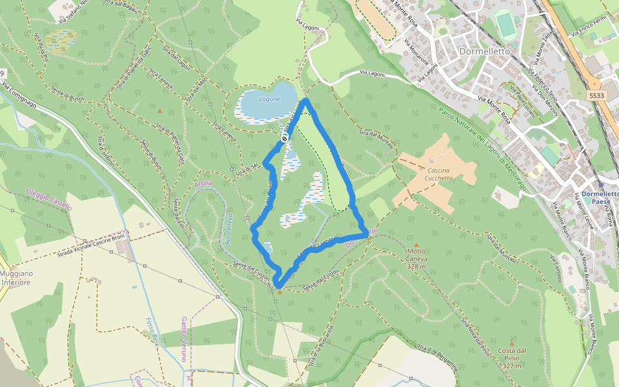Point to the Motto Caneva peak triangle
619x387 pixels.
pyautogui.click(x=416, y=244)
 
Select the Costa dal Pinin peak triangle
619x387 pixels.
pyautogui.click(x=513, y=343)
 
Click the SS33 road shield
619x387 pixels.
pyautogui.click(x=596, y=95)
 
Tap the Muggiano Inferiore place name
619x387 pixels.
pyautogui.click(x=16, y=278)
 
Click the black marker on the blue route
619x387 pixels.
pyautogui.click(x=284, y=139)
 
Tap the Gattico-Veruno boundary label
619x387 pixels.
pyautogui.click(x=184, y=339)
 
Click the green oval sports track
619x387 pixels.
pyautogui.click(x=506, y=25)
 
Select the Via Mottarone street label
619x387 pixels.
pyautogui.click(x=417, y=55)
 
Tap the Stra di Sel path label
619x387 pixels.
pyautogui.click(x=247, y=170)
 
